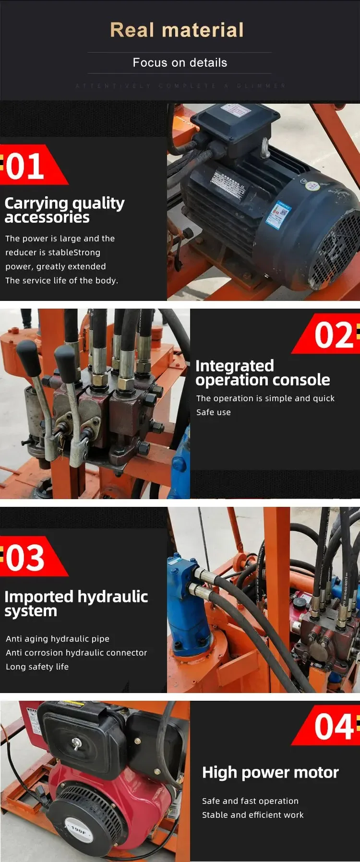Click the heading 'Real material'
(x=177, y=30)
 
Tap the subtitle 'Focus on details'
(x=180, y=63)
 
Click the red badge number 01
(x=25, y=166)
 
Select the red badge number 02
(x=334, y=335)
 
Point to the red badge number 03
(x=25, y=558)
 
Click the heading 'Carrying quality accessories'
(x=64, y=210)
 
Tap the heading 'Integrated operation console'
(x=263, y=373)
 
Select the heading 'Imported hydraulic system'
(x=76, y=603)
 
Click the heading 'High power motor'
(x=270, y=772)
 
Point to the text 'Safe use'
(x=214, y=412)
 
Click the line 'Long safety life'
(x=37, y=667)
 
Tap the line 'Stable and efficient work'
(x=253, y=814)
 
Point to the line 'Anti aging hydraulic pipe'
(x=58, y=639)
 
